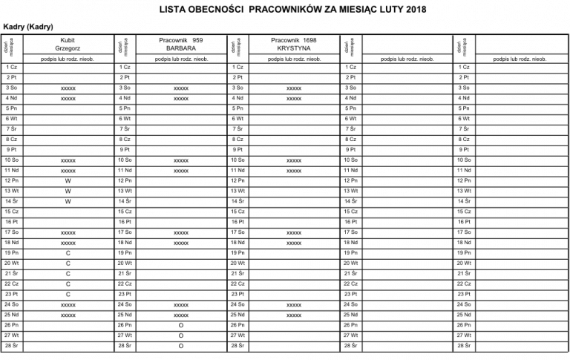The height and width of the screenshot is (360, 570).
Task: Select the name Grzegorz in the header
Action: point(68,48)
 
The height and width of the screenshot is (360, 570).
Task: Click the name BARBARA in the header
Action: point(181,48)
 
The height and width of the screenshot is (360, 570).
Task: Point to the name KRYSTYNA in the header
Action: point(294,48)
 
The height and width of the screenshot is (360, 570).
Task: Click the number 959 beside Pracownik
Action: point(197,39)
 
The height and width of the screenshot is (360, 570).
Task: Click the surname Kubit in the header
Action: point(68,39)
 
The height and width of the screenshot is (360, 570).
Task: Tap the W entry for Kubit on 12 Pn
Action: point(68,180)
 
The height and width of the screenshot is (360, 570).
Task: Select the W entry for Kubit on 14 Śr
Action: point(68,201)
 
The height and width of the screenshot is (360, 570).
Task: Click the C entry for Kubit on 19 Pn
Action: point(68,253)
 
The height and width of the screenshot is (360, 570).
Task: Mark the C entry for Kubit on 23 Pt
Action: point(68,294)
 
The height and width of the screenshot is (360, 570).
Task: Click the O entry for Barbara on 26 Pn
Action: point(181,325)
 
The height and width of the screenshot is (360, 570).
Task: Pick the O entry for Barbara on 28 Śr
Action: point(181,346)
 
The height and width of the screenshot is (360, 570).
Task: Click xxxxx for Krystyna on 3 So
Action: point(294,88)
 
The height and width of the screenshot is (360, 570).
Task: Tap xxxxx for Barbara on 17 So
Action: point(181,232)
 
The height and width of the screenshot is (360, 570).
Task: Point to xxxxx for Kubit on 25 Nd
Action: point(68,315)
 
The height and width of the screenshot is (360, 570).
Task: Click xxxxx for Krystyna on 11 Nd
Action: point(294,170)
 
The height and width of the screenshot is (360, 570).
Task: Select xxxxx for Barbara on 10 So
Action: point(181,160)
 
